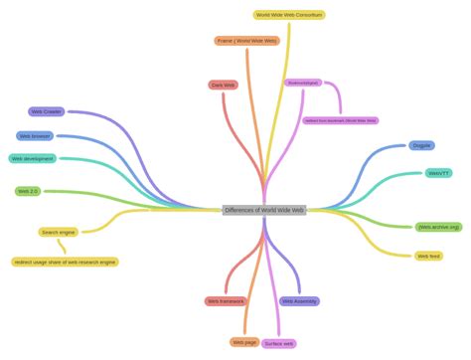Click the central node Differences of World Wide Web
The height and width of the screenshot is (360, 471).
pyautogui.click(x=264, y=211)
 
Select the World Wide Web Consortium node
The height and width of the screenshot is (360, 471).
pyautogui.click(x=289, y=15)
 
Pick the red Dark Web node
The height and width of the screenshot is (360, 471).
pyautogui.click(x=224, y=86)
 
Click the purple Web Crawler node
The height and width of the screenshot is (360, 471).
pyautogui.click(x=47, y=112)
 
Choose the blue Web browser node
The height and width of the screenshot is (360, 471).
pyautogui.click(x=36, y=136)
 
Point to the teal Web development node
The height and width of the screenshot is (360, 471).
pyautogui.click(x=33, y=159)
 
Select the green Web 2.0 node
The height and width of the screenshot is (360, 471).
pyautogui.click(x=28, y=191)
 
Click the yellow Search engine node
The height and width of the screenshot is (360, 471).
pyautogui.click(x=59, y=233)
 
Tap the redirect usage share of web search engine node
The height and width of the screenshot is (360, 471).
pyautogui.click(x=66, y=263)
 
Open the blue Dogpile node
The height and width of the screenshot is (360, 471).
pyautogui.click(x=421, y=146)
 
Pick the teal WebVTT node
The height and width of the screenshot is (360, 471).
pyautogui.click(x=438, y=173)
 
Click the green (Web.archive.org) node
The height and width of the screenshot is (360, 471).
pyautogui.click(x=439, y=227)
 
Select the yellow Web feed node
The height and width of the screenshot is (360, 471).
pyautogui.click(x=428, y=256)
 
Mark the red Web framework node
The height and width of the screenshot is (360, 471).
pyautogui.click(x=226, y=301)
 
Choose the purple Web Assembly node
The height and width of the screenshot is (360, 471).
pyautogui.click(x=299, y=301)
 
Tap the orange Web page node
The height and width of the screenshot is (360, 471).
pyautogui.click(x=244, y=342)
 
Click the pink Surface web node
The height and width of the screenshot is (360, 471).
pyautogui.click(x=279, y=344)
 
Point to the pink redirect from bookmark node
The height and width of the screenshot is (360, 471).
pyautogui.click(x=341, y=120)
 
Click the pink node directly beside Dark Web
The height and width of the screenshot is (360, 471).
pyautogui.click(x=303, y=84)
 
